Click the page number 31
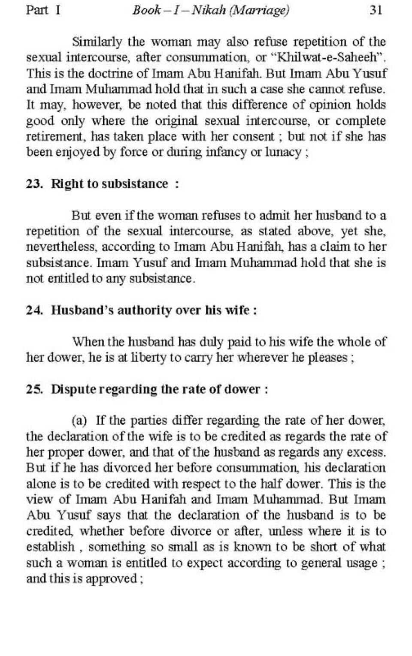pyautogui.click(x=376, y=10)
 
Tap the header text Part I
pyautogui.click(x=43, y=10)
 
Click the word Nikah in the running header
pyautogui.click(x=209, y=10)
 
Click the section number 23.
pyautogui.click(x=34, y=184)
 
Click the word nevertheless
pyautogui.click(x=60, y=247)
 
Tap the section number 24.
pyautogui.click(x=34, y=310)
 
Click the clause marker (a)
pyautogui.click(x=79, y=421)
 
